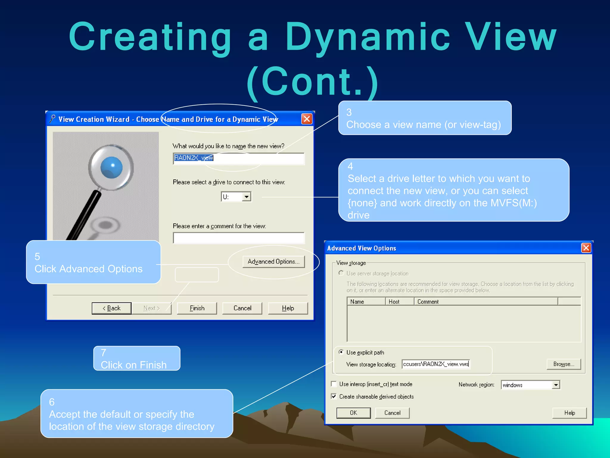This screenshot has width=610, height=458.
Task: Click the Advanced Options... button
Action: pyautogui.click(x=273, y=262)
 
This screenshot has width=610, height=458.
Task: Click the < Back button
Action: pyautogui.click(x=111, y=308)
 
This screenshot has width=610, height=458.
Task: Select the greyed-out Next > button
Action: pyautogui.click(x=152, y=308)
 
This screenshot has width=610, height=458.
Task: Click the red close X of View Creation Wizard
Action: pyautogui.click(x=306, y=119)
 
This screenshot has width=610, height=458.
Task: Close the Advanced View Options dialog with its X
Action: pyautogui.click(x=586, y=248)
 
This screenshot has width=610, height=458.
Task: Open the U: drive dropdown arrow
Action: pyautogui.click(x=246, y=197)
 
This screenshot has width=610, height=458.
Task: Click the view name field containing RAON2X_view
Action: pyautogui.click(x=238, y=158)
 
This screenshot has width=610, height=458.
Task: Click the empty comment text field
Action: pyautogui.click(x=238, y=238)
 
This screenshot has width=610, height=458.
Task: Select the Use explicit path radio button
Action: pyautogui.click(x=341, y=352)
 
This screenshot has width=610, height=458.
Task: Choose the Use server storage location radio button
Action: pyautogui.click(x=341, y=273)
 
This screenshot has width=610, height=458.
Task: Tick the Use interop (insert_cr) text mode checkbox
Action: pyautogui.click(x=334, y=384)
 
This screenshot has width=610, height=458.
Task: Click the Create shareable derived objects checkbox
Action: pyautogui.click(x=334, y=396)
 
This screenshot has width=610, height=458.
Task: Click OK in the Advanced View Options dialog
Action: pyautogui.click(x=353, y=413)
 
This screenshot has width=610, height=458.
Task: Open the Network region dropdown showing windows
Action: pyautogui.click(x=556, y=385)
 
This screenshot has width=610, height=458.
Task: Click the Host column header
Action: pyautogui.click(x=399, y=301)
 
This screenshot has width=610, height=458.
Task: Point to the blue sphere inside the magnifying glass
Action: pyautogui.click(x=111, y=167)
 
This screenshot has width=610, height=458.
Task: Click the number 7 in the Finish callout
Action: pyautogui.click(x=103, y=353)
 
